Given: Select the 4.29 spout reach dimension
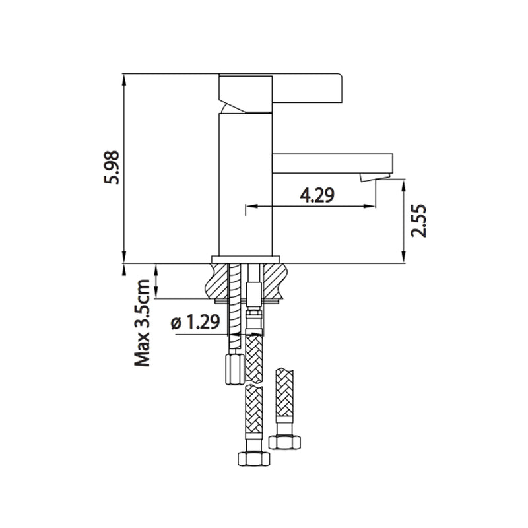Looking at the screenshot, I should coord(317,195).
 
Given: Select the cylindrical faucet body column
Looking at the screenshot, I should coord(245,185).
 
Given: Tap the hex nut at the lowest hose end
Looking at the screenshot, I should coord(252,459).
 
